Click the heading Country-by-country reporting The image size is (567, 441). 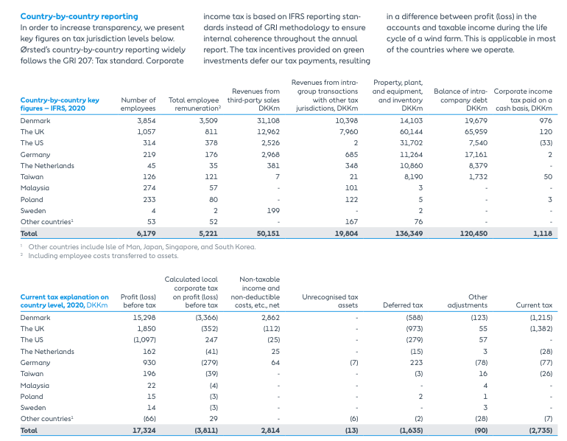pos(79,16)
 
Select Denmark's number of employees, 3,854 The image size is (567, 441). pos(147,120)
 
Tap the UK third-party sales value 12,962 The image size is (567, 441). pos(268,132)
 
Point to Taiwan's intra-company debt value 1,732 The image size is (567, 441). pos(477,177)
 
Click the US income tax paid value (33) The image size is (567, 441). pos(545,143)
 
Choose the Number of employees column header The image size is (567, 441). pos(138,104)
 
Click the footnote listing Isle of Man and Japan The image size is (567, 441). pos(141,247)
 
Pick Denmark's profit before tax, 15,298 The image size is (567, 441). pos(143,317)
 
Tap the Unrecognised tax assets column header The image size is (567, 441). pos(330,301)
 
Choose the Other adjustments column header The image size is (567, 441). pos(477,301)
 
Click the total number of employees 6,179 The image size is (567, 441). pos(146,233)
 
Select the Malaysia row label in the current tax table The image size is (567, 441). pos(35,385)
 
